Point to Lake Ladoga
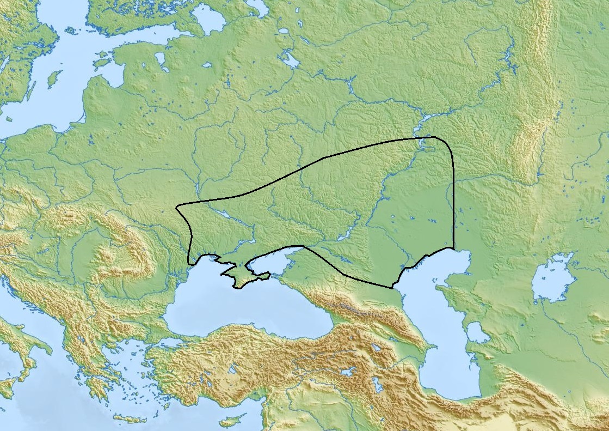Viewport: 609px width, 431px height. [x=209, y=20]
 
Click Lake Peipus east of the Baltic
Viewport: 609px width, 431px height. [x=161, y=60]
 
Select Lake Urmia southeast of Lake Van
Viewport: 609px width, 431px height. [x=377, y=384]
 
